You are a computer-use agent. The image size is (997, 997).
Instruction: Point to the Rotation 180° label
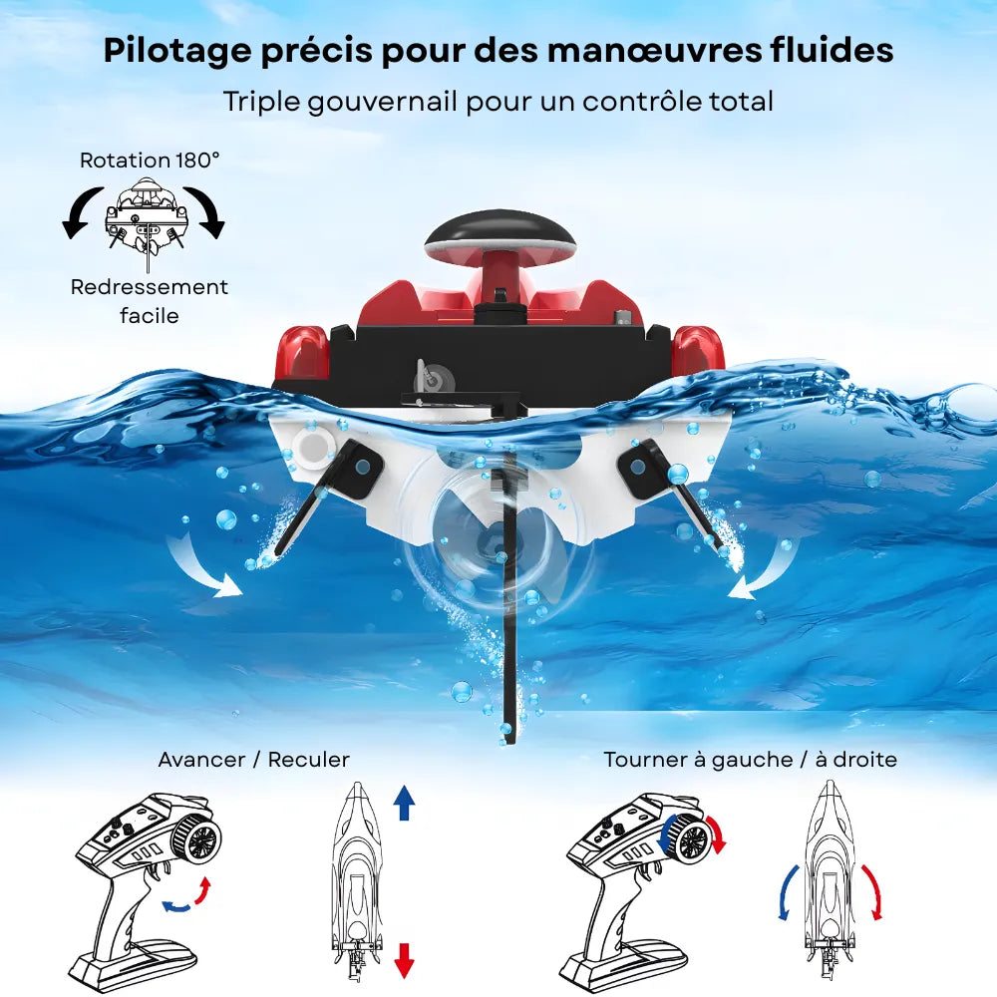click(x=150, y=160)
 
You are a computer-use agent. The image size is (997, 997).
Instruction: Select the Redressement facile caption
click(x=150, y=301)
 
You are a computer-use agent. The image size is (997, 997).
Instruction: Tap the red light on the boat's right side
click(x=697, y=350)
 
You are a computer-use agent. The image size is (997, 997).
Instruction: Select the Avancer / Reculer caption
click(x=254, y=760)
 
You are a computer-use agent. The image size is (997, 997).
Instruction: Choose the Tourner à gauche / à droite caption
click(x=750, y=760)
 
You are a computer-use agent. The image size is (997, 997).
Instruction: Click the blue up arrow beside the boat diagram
click(x=404, y=802)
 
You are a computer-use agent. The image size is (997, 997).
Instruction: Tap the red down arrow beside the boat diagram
click(x=404, y=959)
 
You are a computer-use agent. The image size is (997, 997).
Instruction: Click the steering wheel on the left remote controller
click(x=198, y=839)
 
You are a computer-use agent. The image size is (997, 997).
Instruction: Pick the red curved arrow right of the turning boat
click(x=873, y=890)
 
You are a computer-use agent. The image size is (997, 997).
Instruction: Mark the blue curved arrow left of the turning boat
click(x=788, y=890)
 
